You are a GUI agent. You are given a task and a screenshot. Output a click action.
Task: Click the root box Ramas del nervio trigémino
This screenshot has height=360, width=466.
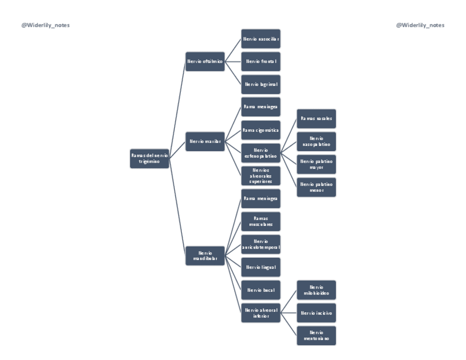click(149, 158)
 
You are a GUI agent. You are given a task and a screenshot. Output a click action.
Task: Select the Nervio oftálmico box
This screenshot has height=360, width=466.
click(205, 62)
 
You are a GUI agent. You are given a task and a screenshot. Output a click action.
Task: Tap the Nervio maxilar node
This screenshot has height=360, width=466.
click(205, 141)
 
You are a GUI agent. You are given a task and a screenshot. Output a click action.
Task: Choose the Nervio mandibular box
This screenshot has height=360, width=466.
click(205, 256)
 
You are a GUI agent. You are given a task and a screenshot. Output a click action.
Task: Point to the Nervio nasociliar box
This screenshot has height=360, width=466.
click(261, 39)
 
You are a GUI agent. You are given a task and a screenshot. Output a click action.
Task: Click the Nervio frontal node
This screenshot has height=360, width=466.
click(261, 62)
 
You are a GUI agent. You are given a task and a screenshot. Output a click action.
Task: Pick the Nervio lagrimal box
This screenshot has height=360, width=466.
click(261, 84)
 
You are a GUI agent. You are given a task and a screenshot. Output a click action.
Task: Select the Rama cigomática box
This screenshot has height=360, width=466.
click(261, 130)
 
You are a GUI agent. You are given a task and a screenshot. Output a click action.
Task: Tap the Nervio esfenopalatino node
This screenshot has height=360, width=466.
click(261, 153)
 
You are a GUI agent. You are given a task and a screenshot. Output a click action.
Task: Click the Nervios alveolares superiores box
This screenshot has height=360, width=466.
click(261, 176)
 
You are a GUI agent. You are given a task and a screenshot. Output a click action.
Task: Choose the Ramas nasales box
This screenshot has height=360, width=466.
click(317, 118)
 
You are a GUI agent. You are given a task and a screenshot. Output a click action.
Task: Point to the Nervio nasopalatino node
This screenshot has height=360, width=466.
click(317, 141)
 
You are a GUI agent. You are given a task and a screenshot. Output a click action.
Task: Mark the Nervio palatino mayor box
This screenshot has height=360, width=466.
click(317, 164)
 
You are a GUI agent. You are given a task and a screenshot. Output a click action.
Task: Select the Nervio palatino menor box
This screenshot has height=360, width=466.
click(317, 187)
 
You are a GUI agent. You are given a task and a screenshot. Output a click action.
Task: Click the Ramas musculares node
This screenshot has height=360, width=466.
click(261, 221)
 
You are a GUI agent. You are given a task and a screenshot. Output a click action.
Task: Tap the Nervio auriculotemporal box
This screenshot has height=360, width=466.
click(261, 244)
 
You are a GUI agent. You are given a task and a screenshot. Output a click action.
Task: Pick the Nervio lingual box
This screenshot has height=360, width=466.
click(261, 267)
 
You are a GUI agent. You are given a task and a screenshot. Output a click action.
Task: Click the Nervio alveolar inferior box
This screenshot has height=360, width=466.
click(261, 313)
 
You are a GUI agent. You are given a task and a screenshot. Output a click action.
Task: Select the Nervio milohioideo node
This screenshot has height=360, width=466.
click(317, 290)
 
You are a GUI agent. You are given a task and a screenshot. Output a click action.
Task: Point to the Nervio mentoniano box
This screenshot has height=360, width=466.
click(317, 335)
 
